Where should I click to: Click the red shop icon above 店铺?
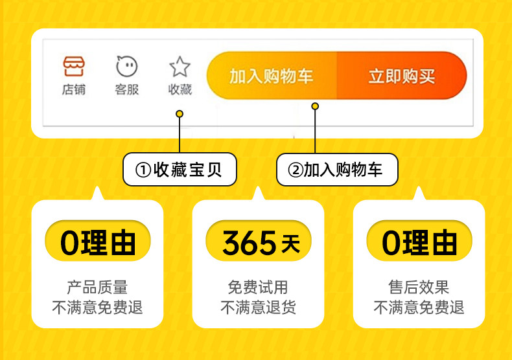click(74, 66)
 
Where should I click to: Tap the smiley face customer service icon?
click(126, 66)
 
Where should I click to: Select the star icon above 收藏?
click(180, 67)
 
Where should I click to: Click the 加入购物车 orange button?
click(272, 75)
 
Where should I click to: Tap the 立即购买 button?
click(402, 75)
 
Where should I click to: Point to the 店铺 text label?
click(74, 89)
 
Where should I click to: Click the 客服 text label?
click(126, 89)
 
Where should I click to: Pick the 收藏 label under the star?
click(180, 89)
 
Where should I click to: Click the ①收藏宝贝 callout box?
click(180, 169)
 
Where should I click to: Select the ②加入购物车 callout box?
click(337, 170)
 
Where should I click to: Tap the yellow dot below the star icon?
click(180, 114)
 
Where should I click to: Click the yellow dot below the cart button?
click(315, 106)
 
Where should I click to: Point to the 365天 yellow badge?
click(259, 241)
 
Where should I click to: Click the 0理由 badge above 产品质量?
click(98, 241)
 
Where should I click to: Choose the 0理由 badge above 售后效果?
click(419, 241)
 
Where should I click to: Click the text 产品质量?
click(97, 287)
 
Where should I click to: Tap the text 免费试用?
click(258, 287)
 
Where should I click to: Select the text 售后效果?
click(419, 287)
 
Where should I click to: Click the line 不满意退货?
click(258, 307)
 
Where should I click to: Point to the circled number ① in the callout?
click(143, 170)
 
